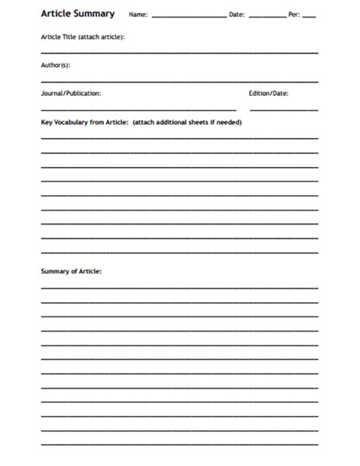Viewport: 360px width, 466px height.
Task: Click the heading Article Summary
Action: click(77, 14)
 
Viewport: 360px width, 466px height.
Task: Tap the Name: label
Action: click(138, 14)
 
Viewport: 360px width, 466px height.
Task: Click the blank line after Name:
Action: click(188, 17)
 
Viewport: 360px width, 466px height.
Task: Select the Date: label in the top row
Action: click(237, 14)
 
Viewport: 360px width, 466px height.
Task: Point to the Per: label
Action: click(294, 14)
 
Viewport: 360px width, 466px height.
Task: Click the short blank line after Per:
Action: click(309, 17)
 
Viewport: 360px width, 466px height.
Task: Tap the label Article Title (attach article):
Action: click(83, 36)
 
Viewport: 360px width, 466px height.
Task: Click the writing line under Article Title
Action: click(179, 52)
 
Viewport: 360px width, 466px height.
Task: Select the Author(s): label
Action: click(55, 65)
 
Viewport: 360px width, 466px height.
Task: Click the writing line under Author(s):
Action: click(179, 80)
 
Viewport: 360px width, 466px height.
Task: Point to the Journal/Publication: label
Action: click(71, 93)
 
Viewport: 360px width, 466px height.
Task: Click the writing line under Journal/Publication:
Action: click(138, 109)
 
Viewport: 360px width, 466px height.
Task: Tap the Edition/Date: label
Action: click(268, 93)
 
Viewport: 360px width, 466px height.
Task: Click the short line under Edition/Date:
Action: click(283, 109)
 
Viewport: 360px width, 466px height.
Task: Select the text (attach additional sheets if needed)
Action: click(187, 122)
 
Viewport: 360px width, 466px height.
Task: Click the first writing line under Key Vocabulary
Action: click(179, 138)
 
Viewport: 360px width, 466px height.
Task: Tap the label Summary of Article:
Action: click(71, 271)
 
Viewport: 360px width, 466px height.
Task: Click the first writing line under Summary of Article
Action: click(179, 288)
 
